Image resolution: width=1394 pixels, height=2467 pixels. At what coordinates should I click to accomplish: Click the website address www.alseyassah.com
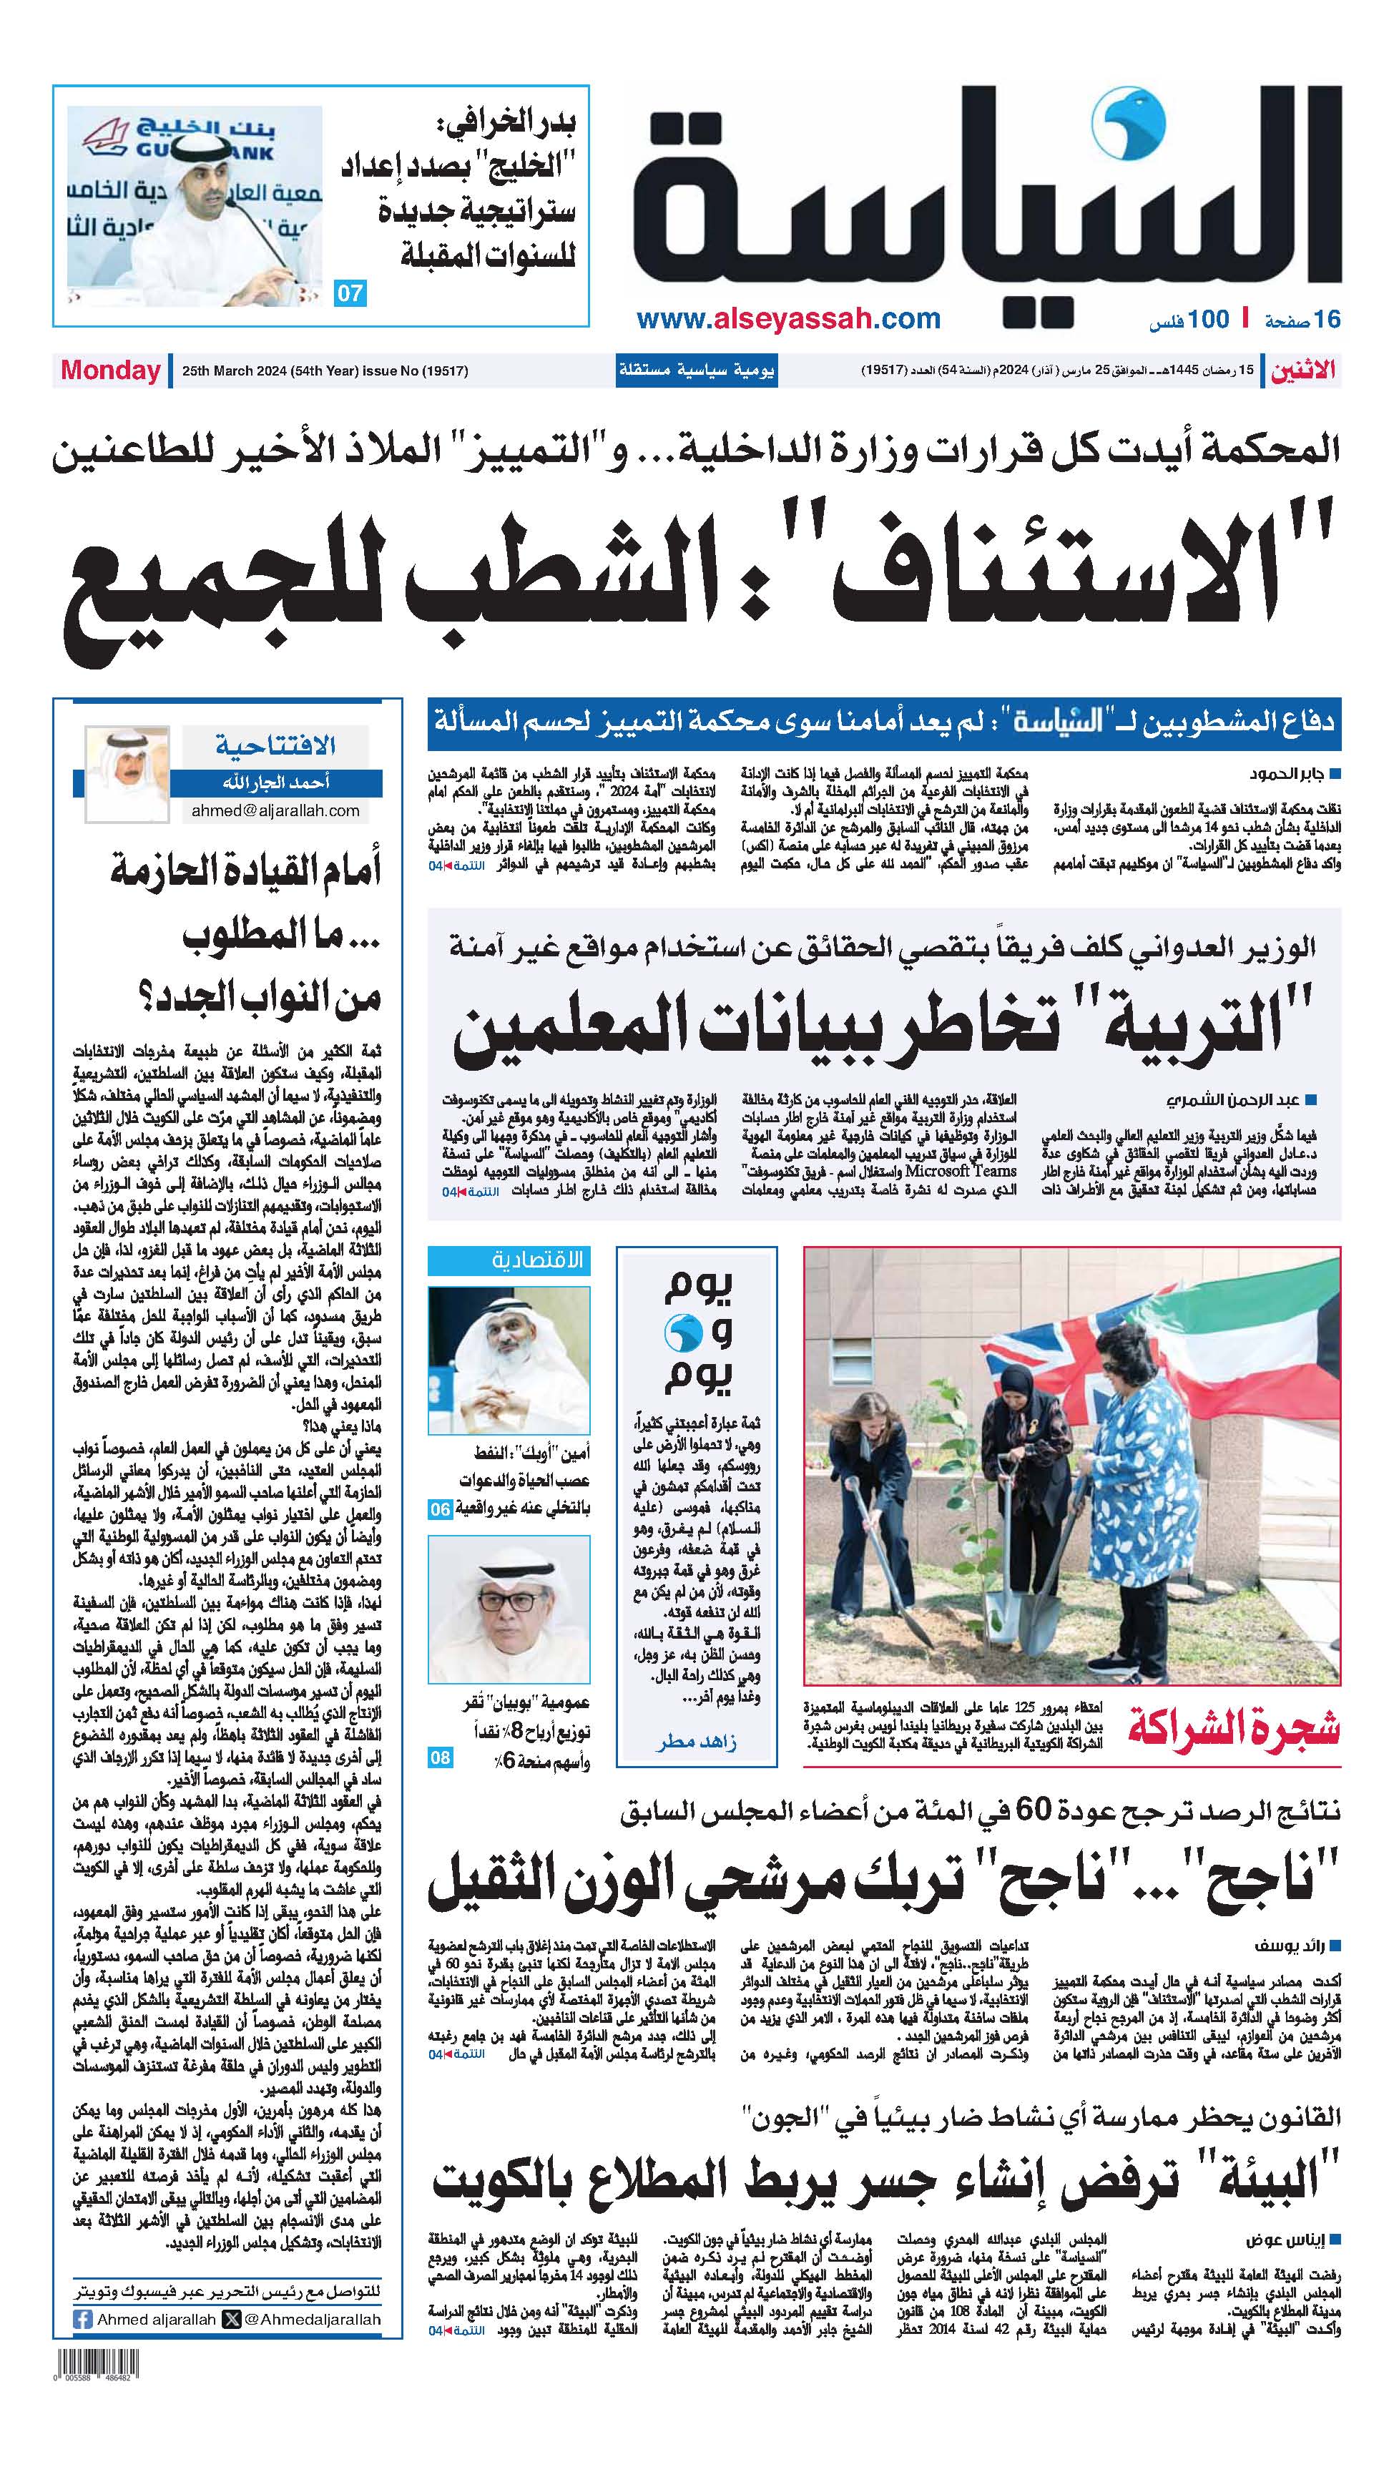click(788, 319)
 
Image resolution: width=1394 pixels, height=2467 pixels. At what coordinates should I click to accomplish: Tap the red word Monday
click(110, 371)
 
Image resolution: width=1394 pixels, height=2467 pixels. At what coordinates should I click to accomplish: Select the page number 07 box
click(350, 293)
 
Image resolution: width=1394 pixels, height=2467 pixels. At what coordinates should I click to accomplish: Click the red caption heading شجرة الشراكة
click(1233, 1730)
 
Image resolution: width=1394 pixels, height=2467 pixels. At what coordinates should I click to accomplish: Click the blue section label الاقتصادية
click(536, 1260)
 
